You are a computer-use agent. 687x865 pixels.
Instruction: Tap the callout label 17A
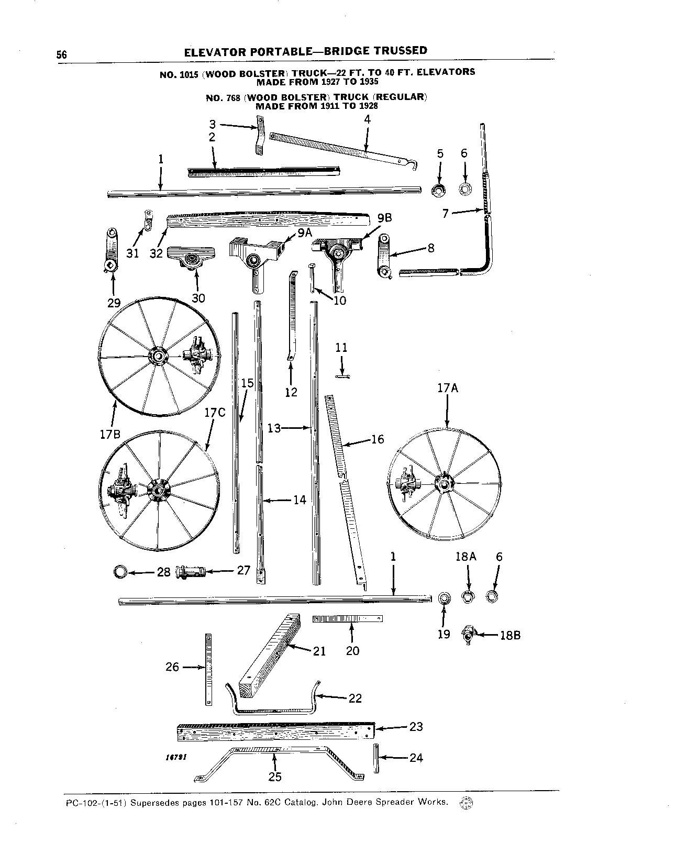(x=448, y=388)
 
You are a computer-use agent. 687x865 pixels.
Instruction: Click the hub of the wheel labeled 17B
(x=156, y=357)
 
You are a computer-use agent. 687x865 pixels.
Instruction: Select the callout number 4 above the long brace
(x=367, y=119)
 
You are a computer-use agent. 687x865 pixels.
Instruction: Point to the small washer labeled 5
(x=438, y=190)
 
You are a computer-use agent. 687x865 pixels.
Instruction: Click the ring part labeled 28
(x=120, y=571)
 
